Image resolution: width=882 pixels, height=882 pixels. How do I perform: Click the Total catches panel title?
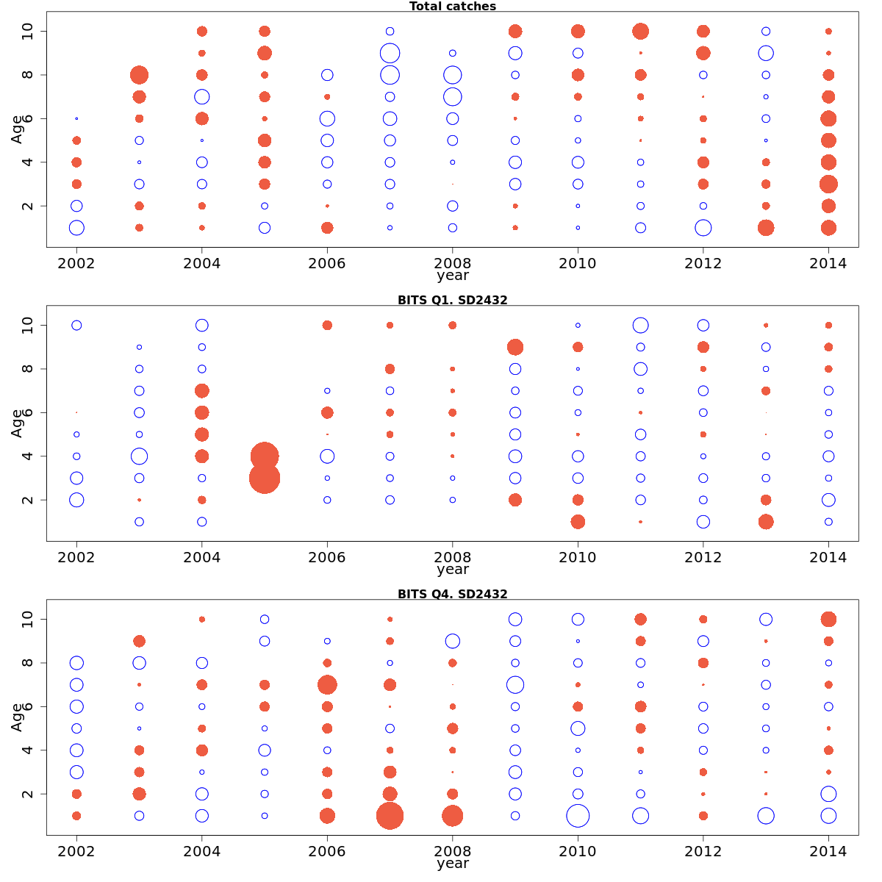452,7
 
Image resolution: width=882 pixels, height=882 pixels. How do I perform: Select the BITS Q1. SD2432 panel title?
452,300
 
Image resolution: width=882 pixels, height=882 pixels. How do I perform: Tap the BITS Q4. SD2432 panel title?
452,594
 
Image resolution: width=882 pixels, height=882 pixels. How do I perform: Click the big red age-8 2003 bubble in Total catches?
139,75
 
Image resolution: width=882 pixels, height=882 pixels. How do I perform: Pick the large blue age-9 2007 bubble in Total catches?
390,53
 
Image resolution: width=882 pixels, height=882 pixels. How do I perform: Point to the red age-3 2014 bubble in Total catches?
828,184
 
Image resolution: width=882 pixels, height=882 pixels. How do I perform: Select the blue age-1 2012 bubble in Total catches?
703,228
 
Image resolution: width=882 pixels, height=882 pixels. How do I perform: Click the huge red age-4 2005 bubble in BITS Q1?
265,456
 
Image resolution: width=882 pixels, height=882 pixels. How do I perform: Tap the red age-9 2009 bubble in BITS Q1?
514,347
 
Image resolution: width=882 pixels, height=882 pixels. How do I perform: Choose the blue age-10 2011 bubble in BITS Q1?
640,325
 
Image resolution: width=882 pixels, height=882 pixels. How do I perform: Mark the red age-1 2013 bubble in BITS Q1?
766,522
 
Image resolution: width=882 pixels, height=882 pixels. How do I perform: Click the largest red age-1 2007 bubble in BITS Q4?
390,816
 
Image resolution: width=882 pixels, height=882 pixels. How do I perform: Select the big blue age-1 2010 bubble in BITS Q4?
578,816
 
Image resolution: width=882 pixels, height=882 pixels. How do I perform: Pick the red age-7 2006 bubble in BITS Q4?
327,685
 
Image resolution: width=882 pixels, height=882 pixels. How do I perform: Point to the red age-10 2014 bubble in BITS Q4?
828,619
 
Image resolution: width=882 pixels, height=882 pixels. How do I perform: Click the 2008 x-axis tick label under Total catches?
452,264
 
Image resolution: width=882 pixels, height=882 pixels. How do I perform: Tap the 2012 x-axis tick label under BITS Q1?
703,558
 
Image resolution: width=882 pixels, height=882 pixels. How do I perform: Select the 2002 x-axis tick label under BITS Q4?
76,852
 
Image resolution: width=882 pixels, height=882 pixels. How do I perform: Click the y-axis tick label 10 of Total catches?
28,32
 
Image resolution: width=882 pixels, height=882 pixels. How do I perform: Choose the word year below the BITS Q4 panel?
452,864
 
